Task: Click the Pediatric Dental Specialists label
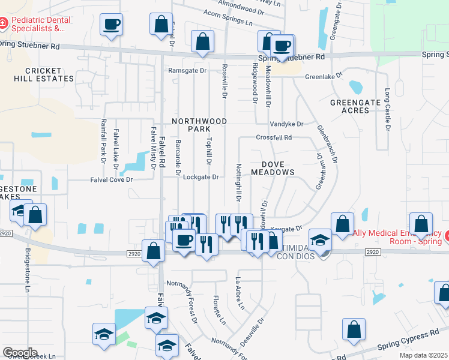(41, 24)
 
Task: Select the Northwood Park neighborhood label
(199, 125)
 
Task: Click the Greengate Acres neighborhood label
(355, 106)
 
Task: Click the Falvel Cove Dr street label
(111, 179)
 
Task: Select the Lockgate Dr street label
(200, 177)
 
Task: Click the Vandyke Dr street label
(286, 124)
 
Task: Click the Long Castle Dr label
(388, 110)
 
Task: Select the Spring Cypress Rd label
(409, 340)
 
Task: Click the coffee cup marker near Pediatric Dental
(111, 25)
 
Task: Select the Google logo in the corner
(20, 353)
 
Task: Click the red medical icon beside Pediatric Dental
(4, 23)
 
